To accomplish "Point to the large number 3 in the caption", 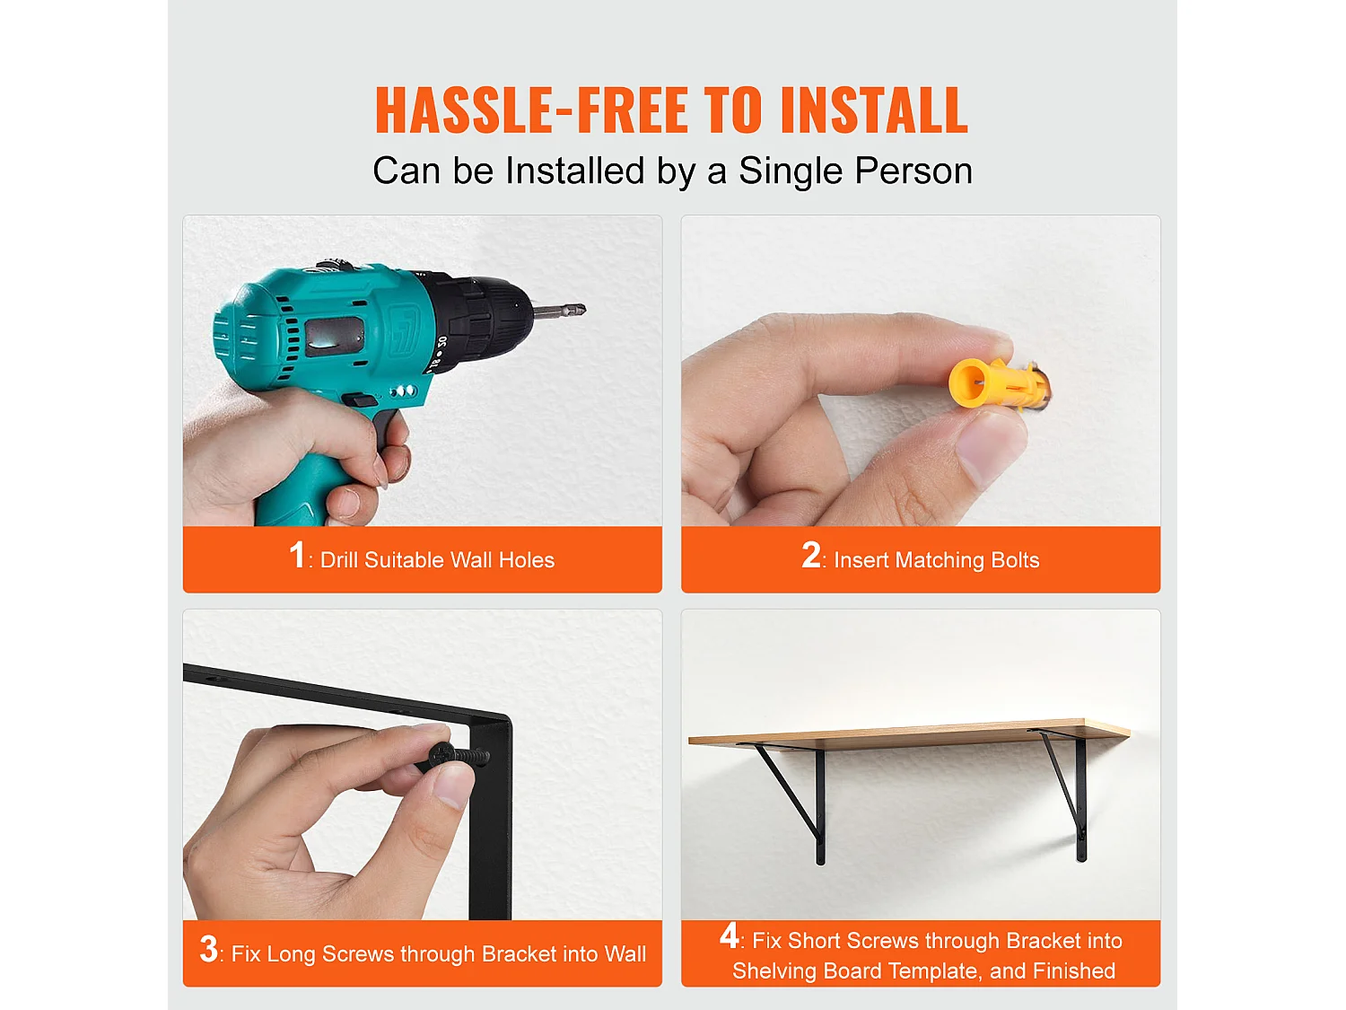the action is (x=208, y=949).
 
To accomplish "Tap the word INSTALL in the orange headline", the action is (x=874, y=110).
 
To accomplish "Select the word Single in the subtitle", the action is (x=791, y=171).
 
